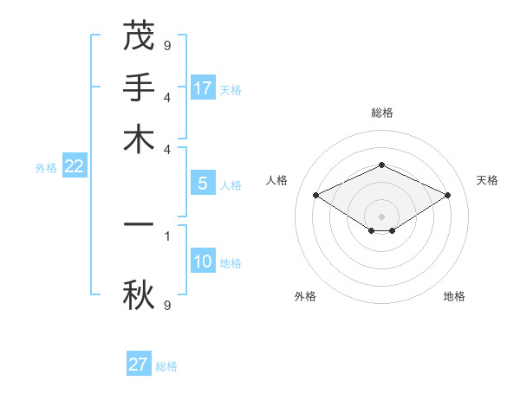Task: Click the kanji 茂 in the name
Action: [x=139, y=37]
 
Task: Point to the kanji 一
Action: [x=139, y=224]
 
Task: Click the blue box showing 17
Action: [x=203, y=88]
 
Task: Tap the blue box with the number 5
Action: [x=203, y=184]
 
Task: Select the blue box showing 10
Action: [x=203, y=262]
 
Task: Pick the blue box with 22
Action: [x=74, y=167]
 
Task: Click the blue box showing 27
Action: [x=139, y=365]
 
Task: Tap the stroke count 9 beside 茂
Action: [x=167, y=45]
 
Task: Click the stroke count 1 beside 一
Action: [x=167, y=234]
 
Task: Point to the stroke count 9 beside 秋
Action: [x=167, y=305]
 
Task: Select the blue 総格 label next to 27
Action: [x=166, y=366]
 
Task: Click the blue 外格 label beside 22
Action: [x=45, y=169]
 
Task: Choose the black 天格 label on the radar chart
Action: [x=487, y=180]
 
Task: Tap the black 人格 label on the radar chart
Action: [x=277, y=180]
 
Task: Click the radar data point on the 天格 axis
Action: [x=447, y=195]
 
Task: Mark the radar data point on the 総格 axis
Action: [x=381, y=165]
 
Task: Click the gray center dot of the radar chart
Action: [x=381, y=216]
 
